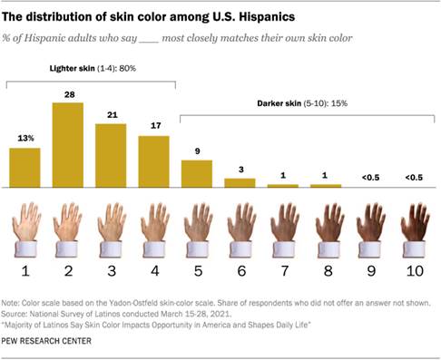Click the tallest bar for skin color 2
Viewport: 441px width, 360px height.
pos(68,144)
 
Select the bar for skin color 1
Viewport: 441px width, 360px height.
pos(24,167)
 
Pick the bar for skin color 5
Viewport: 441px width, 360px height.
pos(197,173)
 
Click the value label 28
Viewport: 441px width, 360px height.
pos(68,93)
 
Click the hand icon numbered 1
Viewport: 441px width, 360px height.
pos(25,227)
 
